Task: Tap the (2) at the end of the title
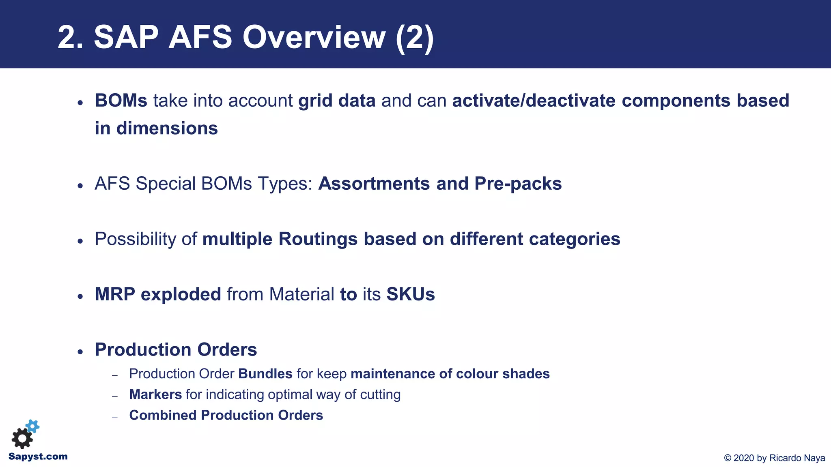(x=415, y=37)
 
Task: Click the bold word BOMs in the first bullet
(x=121, y=101)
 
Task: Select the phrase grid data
(x=337, y=101)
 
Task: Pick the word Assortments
(x=374, y=184)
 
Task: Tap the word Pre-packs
(x=518, y=184)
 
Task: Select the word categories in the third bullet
(x=575, y=239)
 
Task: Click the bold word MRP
(x=115, y=294)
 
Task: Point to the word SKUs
(x=410, y=294)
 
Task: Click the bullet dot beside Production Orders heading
(x=80, y=351)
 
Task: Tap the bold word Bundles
(x=265, y=374)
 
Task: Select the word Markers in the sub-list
(x=155, y=394)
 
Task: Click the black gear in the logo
(x=22, y=439)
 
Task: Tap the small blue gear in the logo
(x=33, y=426)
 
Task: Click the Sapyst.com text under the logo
(x=38, y=457)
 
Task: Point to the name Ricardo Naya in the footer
(x=797, y=458)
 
